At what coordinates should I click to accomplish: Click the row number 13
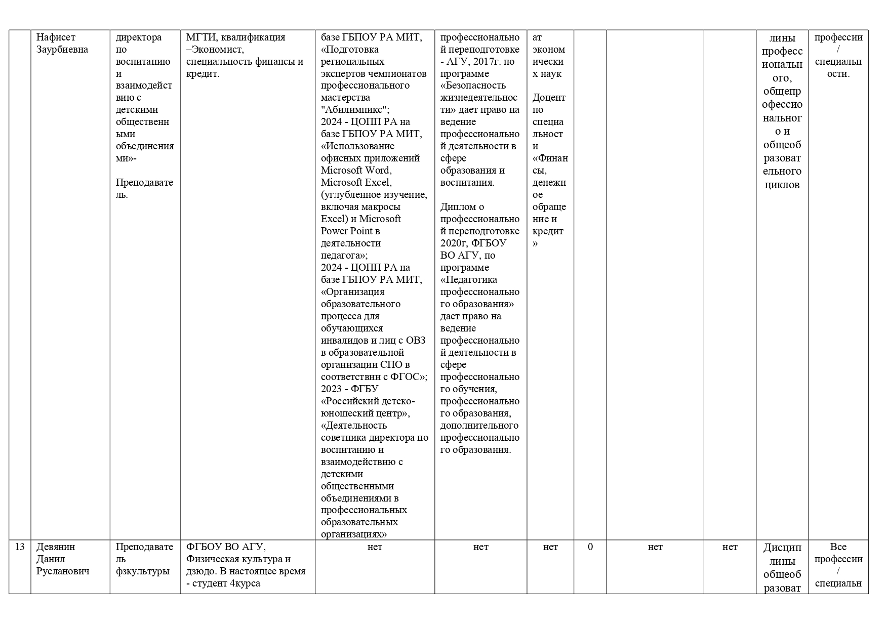(20, 547)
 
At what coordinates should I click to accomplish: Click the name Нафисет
(56, 37)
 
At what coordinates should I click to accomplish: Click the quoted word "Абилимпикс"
(354, 110)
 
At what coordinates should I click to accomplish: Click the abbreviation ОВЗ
(416, 341)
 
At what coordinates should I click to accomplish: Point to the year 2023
(332, 389)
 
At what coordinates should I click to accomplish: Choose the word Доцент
(549, 98)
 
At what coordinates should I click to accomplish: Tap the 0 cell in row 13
(590, 547)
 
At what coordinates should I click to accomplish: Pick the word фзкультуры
(143, 571)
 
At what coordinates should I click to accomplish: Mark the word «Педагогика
(469, 280)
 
